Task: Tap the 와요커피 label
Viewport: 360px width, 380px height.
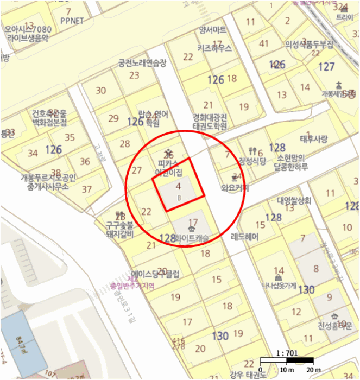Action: (x=235, y=189)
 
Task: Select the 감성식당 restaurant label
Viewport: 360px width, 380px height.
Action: (x=251, y=161)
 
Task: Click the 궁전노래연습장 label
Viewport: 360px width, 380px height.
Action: (x=142, y=63)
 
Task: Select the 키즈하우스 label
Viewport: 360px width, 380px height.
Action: (x=214, y=48)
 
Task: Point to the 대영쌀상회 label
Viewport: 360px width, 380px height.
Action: (x=293, y=200)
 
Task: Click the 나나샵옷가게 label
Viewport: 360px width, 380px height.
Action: (x=279, y=286)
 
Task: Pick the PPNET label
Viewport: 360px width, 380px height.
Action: (x=73, y=22)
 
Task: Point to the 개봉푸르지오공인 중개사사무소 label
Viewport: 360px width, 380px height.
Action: (x=48, y=181)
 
